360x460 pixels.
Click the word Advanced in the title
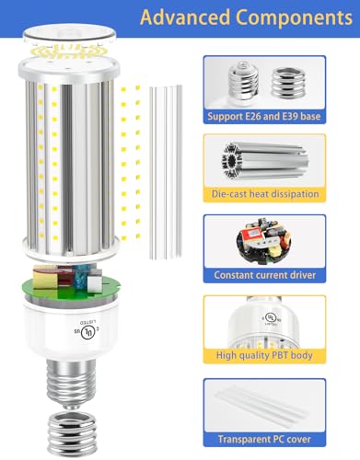(x=185, y=17)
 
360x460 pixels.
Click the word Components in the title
(x=295, y=17)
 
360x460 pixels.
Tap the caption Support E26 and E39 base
(x=264, y=117)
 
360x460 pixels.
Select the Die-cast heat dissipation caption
(x=265, y=194)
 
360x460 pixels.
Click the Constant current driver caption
(x=264, y=275)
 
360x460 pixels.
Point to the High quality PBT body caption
(x=264, y=355)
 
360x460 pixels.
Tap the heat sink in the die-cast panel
(x=265, y=161)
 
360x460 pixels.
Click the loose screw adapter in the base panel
(x=289, y=83)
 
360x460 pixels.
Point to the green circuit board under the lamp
(x=71, y=290)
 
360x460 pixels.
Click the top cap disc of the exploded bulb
(x=70, y=34)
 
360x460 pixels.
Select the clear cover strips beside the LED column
(x=166, y=172)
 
